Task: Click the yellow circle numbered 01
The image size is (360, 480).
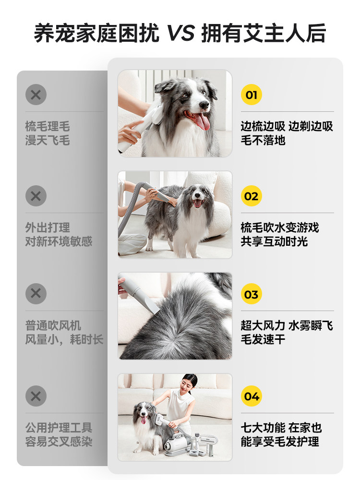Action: (x=251, y=95)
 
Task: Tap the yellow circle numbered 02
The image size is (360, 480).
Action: (x=251, y=196)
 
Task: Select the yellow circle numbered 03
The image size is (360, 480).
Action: (x=251, y=295)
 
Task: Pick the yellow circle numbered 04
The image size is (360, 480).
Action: (x=251, y=396)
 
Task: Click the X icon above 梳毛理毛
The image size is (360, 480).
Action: (x=36, y=95)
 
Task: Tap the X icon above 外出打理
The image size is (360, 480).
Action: (x=36, y=196)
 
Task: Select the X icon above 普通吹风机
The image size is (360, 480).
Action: (x=36, y=294)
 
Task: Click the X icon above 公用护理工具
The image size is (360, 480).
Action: (x=36, y=396)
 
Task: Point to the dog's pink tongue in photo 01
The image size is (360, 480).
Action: (x=202, y=121)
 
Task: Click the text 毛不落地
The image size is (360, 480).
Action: (x=263, y=141)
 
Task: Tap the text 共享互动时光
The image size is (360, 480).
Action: (x=274, y=241)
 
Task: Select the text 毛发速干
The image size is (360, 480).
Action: (x=263, y=340)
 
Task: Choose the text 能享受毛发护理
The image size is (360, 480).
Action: (x=280, y=441)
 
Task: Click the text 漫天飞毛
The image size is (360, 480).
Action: (x=48, y=141)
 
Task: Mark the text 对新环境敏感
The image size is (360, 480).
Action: (x=59, y=241)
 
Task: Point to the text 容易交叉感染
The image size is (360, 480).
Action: (x=59, y=441)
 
